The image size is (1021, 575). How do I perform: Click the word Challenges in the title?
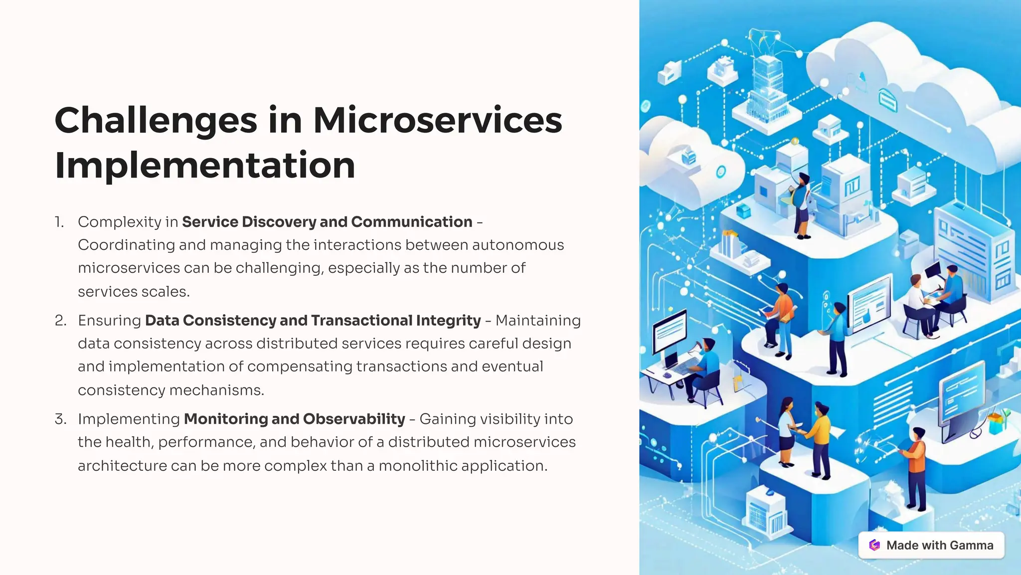pos(156,121)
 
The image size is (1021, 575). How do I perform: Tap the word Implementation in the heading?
pos(205,166)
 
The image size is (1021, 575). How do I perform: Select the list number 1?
pos(59,222)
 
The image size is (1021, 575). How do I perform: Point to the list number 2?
pos(60,320)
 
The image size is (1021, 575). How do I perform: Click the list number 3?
pos(60,419)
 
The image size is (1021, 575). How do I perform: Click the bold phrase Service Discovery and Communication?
pos(327,222)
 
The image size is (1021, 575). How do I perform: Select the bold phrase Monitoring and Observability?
pos(294,419)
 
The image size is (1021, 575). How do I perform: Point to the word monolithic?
pos(418,466)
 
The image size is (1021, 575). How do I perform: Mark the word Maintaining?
pos(538,320)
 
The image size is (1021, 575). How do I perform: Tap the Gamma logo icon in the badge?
pos(874,545)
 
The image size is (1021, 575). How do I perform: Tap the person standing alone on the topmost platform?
pos(802,204)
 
